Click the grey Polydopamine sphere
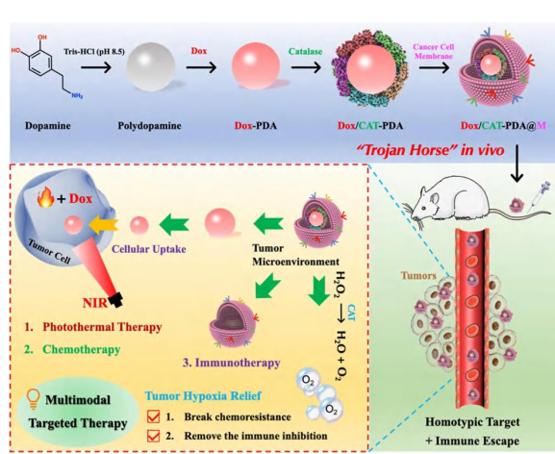pos(151,66)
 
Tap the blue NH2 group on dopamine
pos(77,95)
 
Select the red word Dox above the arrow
pos(199,51)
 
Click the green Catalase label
pos(305,51)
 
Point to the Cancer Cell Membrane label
pos(433,51)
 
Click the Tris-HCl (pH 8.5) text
pos(94,52)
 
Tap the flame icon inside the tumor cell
pos(45,197)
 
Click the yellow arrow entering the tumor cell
pos(103,225)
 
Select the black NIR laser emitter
pos(116,300)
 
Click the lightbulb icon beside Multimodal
pos(34,399)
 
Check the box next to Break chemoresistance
pos(153,416)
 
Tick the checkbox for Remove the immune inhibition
pos(153,436)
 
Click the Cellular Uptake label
pos(149,249)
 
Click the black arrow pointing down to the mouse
pos(517,164)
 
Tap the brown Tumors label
pos(418,275)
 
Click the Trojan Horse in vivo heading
pos(430,150)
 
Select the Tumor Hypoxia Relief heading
pos(203,395)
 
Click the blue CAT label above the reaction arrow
pos(351,314)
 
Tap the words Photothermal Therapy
pos(102,327)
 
